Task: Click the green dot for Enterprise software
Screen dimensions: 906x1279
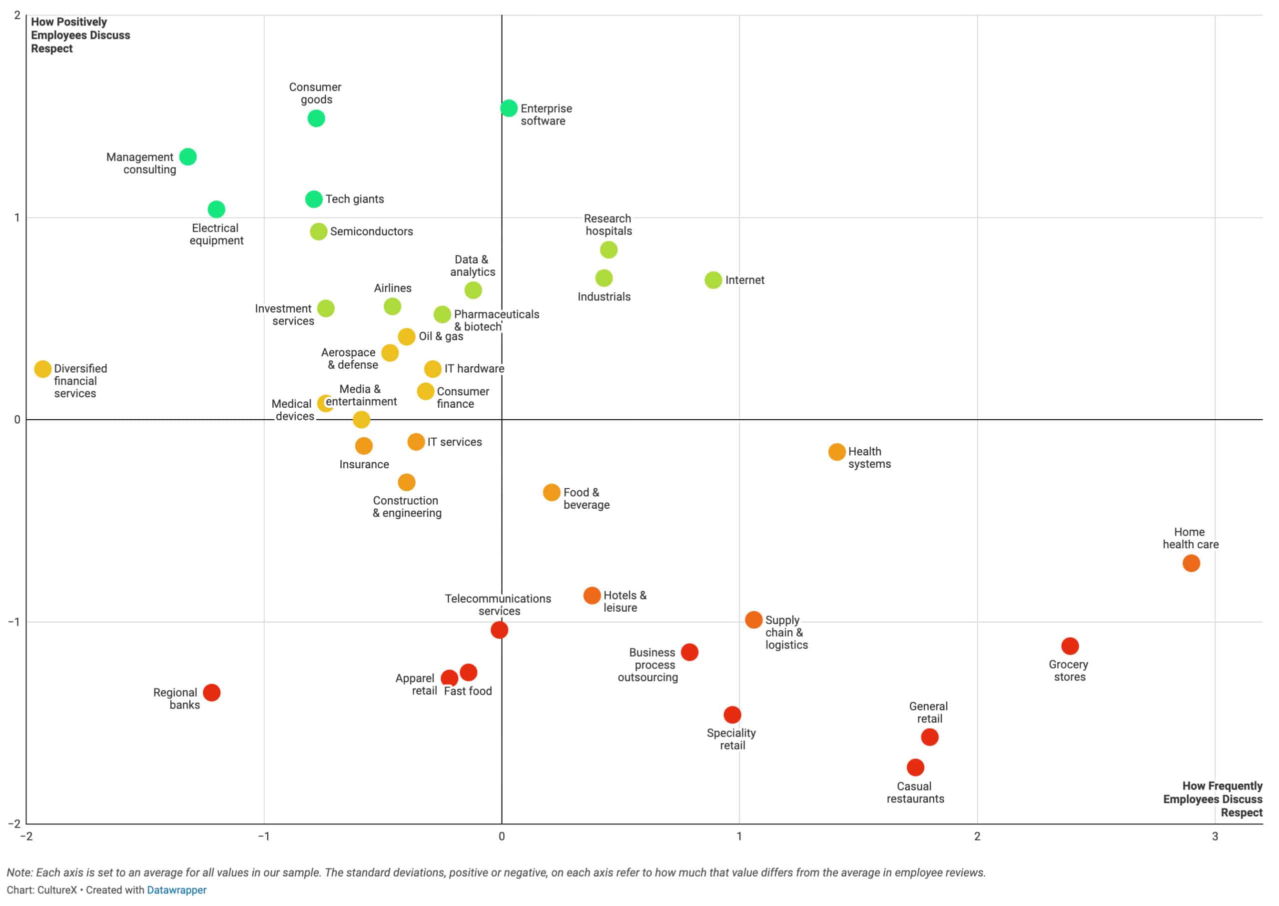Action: [x=509, y=108]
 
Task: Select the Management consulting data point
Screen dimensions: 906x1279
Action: [x=188, y=157]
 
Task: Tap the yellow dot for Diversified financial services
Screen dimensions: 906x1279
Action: [x=43, y=369]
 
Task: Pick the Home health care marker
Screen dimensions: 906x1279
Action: [x=1191, y=564]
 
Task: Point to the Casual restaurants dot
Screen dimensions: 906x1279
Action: [x=915, y=767]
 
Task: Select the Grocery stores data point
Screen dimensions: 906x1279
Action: [x=1070, y=646]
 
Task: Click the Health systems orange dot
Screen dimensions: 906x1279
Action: [x=837, y=452]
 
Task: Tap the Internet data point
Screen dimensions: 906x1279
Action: [x=713, y=280]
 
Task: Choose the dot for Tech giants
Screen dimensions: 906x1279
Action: [x=314, y=199]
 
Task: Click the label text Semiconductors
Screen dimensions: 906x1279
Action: [x=372, y=231]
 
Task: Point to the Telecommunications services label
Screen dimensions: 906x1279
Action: [x=498, y=605]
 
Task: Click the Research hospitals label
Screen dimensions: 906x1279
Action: [x=608, y=225]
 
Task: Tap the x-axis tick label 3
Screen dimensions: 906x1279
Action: [x=1215, y=836]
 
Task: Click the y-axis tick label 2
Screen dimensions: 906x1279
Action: [x=17, y=15]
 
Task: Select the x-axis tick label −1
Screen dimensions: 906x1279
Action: [x=263, y=836]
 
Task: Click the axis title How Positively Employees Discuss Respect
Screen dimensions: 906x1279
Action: [x=80, y=35]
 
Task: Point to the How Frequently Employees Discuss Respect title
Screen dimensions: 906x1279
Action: [x=1213, y=799]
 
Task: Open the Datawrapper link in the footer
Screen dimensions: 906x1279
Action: [x=176, y=890]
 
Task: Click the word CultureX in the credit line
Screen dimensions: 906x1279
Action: [x=57, y=890]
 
